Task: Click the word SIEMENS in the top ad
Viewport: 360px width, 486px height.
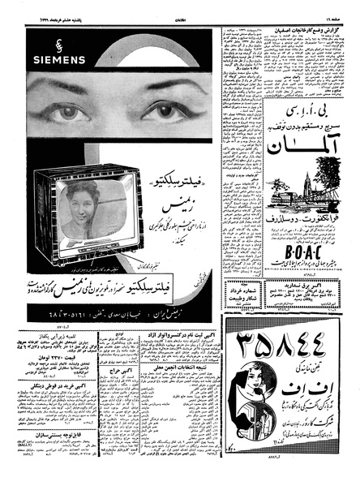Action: tap(49, 59)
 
